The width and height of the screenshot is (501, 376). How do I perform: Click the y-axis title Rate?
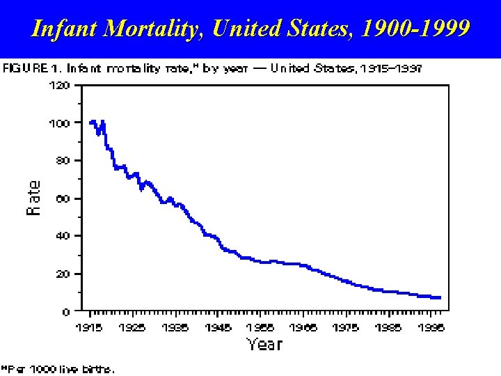(34, 198)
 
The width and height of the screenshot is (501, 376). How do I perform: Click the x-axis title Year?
(264, 344)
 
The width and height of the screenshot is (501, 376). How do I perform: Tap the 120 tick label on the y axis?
(59, 86)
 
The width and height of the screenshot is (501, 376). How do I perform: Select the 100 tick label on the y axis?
(59, 123)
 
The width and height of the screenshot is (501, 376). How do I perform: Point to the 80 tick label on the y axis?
(62, 161)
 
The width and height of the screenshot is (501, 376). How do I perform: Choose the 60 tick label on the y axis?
(62, 198)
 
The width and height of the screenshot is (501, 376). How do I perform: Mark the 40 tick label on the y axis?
(62, 236)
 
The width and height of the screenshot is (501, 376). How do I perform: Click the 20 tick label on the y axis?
(62, 274)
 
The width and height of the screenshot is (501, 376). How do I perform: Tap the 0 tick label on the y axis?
(65, 312)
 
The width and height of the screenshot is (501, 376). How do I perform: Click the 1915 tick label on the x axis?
(90, 327)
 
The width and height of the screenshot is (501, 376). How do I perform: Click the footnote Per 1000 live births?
(60, 369)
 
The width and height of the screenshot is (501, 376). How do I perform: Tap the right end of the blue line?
(439, 297)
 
